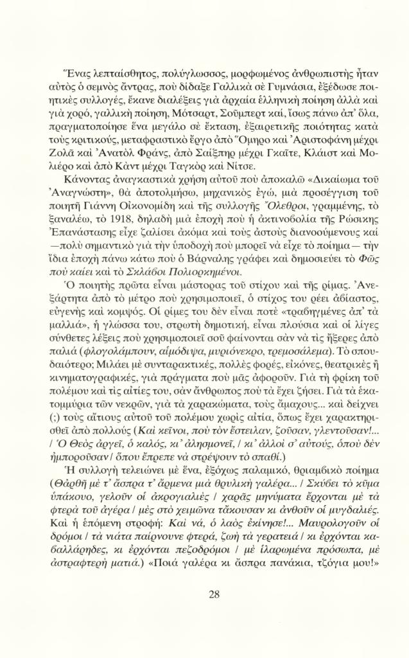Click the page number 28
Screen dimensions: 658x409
pyautogui.click(x=214, y=594)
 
